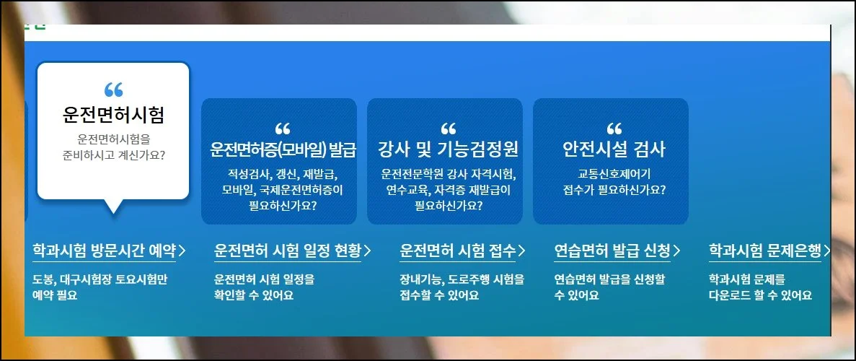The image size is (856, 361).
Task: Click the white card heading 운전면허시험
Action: point(113,115)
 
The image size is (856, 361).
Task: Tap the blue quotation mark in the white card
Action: point(113,90)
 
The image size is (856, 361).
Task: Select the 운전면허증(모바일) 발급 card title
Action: point(283,149)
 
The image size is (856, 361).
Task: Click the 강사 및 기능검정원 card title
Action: point(448,149)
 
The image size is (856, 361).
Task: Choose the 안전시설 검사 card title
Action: point(614,149)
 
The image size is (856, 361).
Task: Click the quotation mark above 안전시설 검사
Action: point(614,129)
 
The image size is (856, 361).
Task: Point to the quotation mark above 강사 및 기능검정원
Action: point(449,129)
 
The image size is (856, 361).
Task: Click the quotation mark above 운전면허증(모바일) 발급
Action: point(283,129)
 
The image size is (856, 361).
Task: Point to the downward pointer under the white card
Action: point(113,206)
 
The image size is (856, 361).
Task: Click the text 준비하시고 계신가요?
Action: point(113,155)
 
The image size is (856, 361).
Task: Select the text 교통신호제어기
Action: point(614,175)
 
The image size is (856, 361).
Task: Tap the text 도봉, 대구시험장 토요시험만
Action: point(100,279)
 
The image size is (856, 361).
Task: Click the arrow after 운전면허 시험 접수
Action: point(521,251)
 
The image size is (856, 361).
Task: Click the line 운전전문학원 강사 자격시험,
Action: point(449,175)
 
